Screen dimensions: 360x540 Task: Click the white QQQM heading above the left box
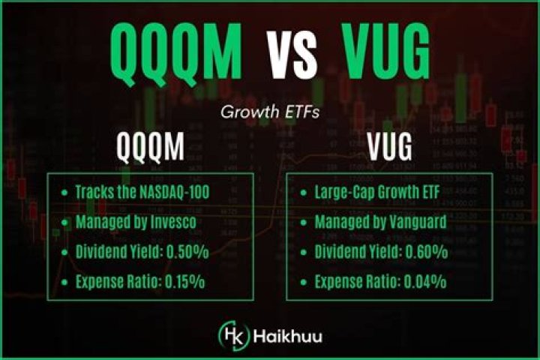click(150, 148)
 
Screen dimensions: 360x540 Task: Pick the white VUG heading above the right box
click(389, 148)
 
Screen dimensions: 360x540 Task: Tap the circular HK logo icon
click(230, 334)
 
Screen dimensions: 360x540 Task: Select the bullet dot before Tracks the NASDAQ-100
click(64, 193)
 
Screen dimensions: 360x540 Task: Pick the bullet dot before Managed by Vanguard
click(303, 223)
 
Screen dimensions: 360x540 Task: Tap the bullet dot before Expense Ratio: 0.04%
click(303, 283)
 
